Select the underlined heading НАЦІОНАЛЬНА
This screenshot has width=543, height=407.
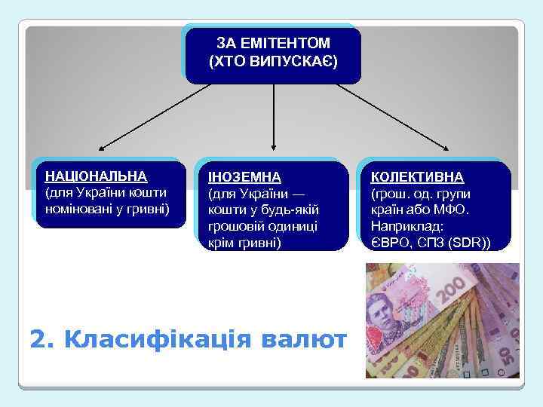[x=96, y=176]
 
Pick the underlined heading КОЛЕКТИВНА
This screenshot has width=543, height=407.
[x=417, y=176]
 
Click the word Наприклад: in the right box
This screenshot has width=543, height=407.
[x=407, y=226]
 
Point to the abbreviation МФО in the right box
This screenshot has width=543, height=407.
[x=452, y=210]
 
